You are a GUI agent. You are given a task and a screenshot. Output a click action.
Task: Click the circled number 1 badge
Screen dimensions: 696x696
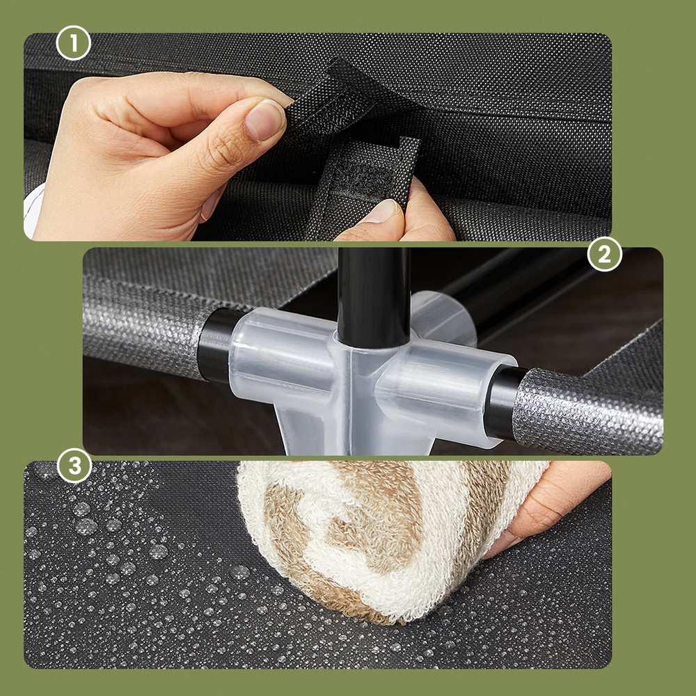73,43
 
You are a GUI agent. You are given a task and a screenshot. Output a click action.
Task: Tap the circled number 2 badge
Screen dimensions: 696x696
605,254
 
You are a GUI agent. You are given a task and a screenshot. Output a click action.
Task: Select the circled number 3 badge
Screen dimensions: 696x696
74,466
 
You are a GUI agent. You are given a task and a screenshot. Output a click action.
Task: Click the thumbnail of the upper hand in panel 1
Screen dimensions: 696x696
265,120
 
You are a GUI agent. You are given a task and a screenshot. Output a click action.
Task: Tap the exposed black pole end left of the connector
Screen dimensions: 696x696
216,345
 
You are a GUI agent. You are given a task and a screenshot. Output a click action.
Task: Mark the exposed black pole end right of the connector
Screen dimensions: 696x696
503,402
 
